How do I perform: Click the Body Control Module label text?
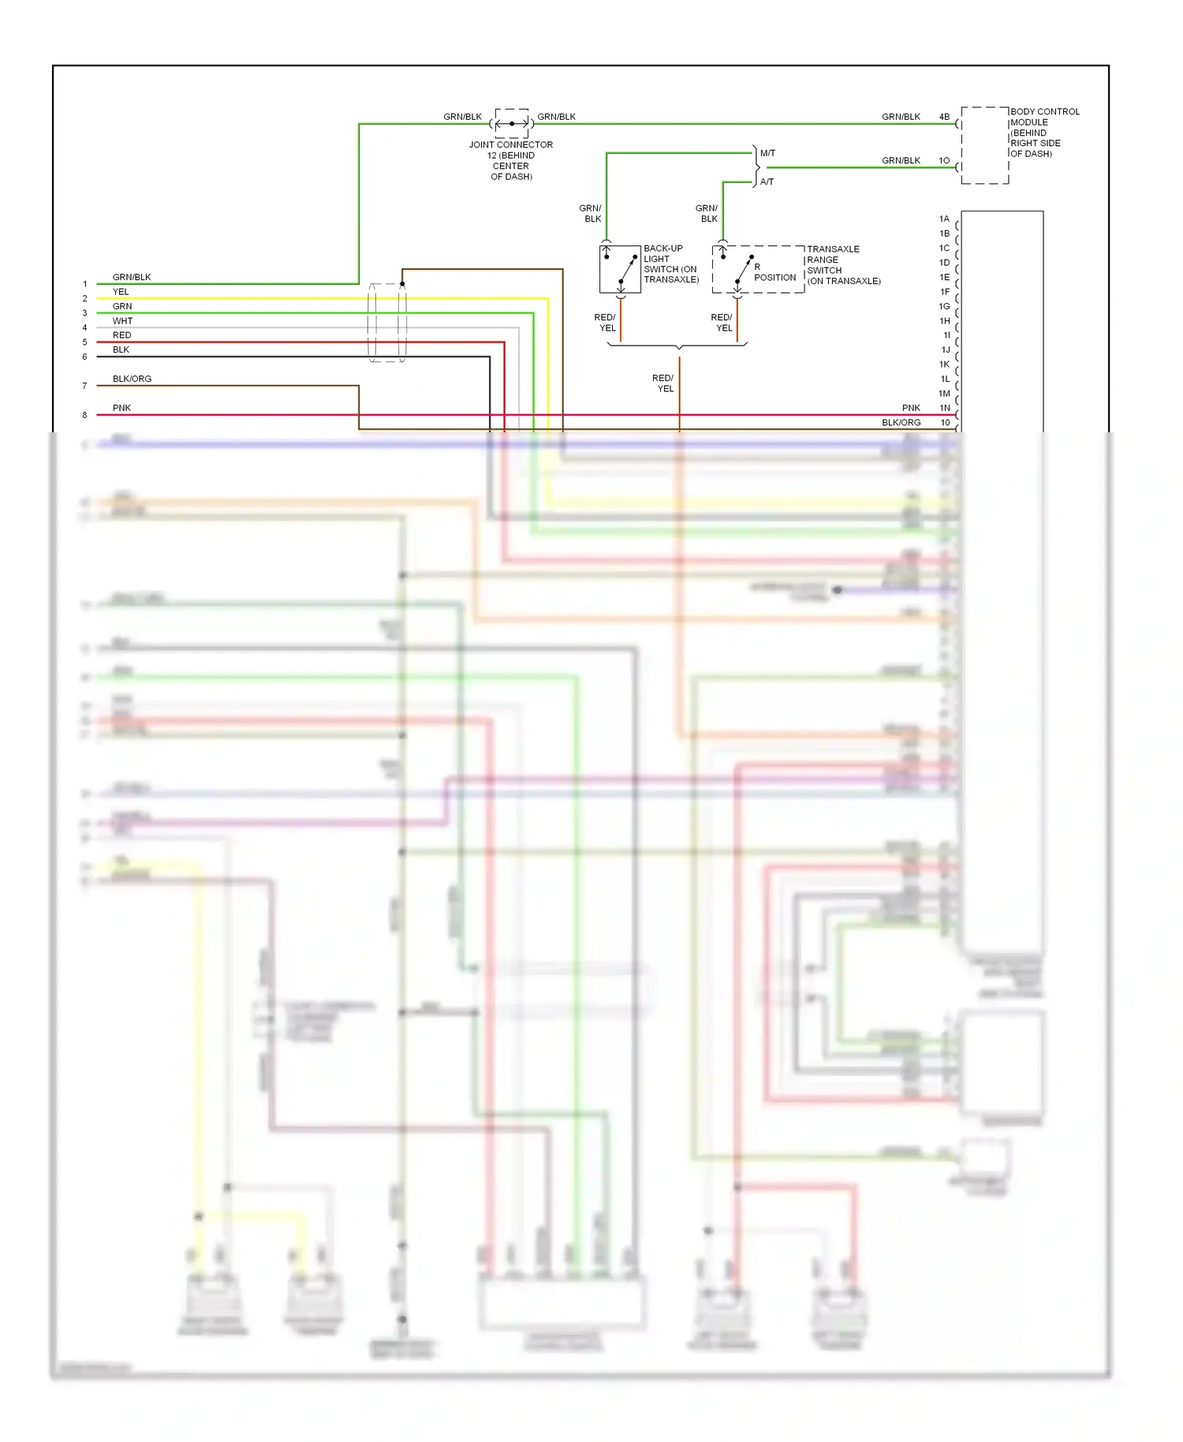coord(1043,133)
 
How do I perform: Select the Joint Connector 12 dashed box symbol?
coord(511,123)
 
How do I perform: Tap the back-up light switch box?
coord(620,269)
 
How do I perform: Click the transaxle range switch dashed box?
coord(757,269)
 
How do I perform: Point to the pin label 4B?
coord(944,117)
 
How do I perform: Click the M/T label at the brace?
coord(767,153)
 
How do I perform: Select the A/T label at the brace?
coord(767,182)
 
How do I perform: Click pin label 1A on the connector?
coord(944,219)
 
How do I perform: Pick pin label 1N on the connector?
coord(944,409)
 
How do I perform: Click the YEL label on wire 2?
coord(121,292)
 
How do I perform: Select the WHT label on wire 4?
coord(122,321)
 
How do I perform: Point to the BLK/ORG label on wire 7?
coord(132,379)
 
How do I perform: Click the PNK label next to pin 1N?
coord(911,409)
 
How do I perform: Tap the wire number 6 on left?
coord(85,357)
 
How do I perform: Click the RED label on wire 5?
coord(121,335)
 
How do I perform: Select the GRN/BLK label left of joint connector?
coord(462,117)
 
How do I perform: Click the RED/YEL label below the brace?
coord(663,383)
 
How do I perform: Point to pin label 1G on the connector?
coord(944,307)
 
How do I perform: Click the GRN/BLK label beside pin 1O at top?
coord(901,161)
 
